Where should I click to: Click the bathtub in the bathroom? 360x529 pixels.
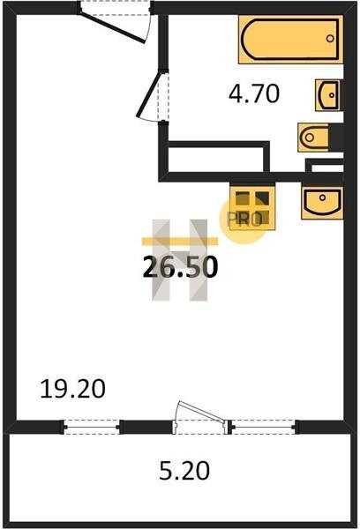tap(290, 40)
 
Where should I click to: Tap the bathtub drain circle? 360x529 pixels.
tap(330, 39)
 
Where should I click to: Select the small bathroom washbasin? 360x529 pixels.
tap(329, 95)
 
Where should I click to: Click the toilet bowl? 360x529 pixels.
tap(313, 138)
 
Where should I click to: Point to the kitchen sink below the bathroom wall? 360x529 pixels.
tap(322, 201)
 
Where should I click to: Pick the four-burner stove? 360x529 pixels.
tap(252, 207)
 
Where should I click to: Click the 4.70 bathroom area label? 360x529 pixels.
tap(254, 93)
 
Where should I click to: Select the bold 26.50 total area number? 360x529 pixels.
tap(180, 267)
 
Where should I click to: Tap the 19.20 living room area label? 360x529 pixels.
tap(72, 389)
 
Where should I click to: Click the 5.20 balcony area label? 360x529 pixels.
tap(184, 471)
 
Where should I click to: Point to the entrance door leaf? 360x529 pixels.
tap(113, 26)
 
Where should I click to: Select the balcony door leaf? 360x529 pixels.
tap(201, 411)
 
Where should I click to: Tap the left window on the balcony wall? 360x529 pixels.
tap(91, 427)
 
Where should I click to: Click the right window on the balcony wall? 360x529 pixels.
tap(264, 427)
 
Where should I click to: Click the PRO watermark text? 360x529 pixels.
tap(244, 220)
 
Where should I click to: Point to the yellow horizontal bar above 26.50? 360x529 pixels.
tap(180, 241)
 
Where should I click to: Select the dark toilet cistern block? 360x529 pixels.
tap(336, 138)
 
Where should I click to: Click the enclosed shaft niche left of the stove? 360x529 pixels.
tap(216, 160)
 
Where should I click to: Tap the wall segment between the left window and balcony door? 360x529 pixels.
tap(146, 427)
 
